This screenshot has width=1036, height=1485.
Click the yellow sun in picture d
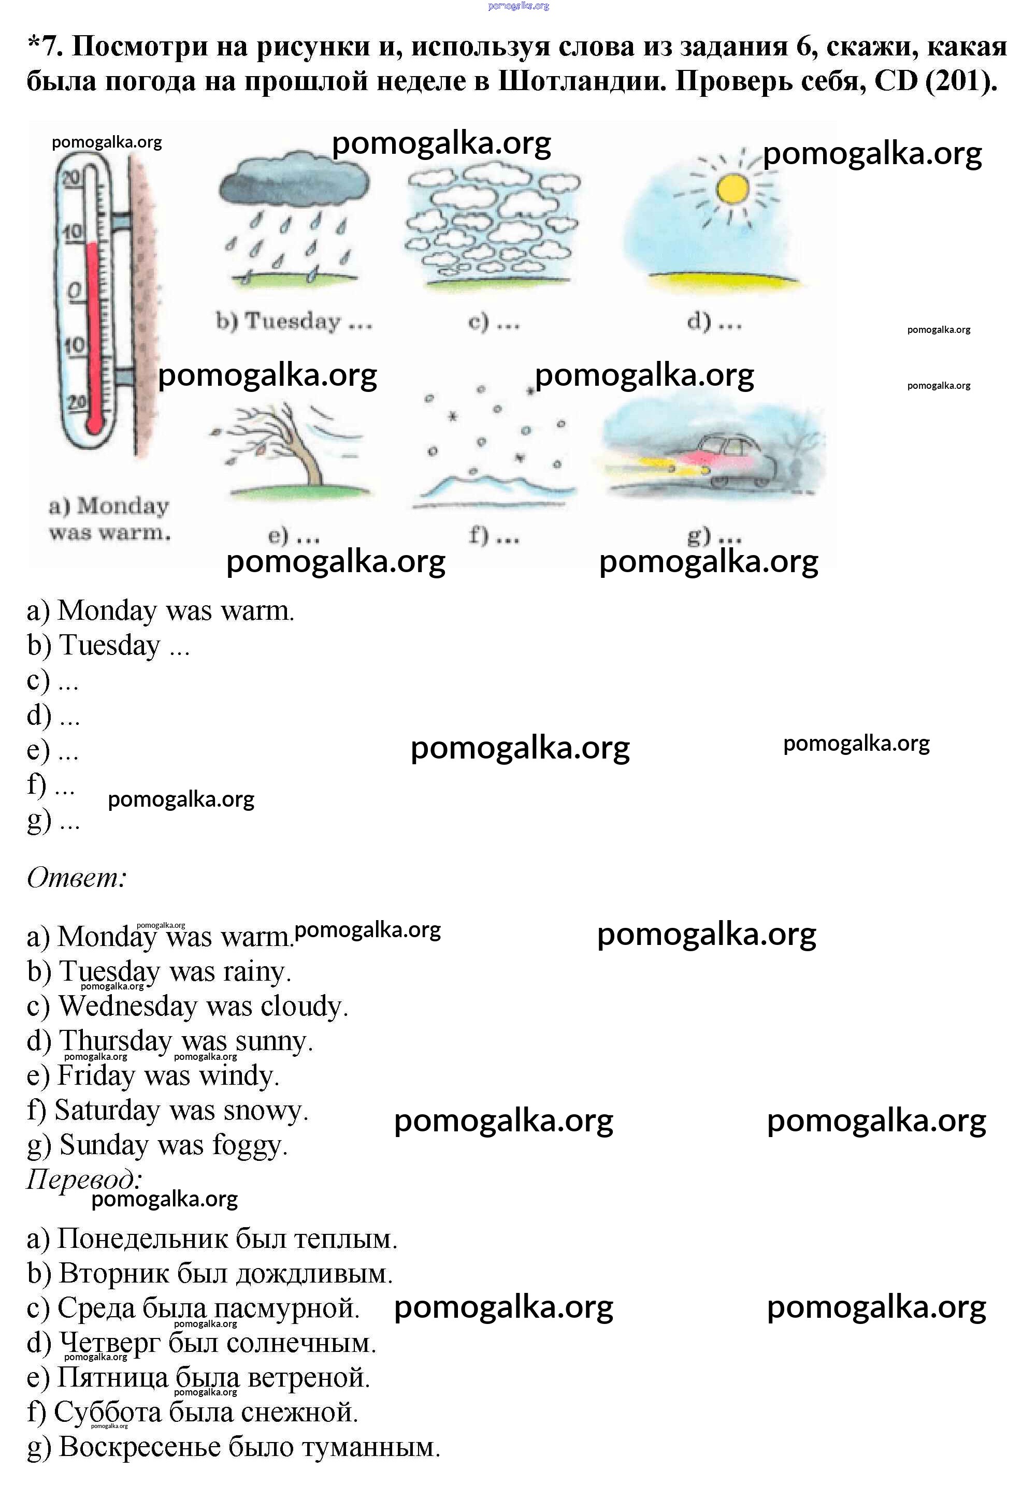[732, 189]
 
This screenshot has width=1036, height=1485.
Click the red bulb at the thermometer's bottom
[94, 424]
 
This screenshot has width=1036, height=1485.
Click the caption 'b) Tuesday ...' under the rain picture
[294, 322]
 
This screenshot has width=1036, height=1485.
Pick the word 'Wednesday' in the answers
[128, 1007]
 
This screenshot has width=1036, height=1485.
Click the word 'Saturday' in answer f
[107, 1111]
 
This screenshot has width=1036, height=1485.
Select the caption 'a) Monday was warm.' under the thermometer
[109, 519]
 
